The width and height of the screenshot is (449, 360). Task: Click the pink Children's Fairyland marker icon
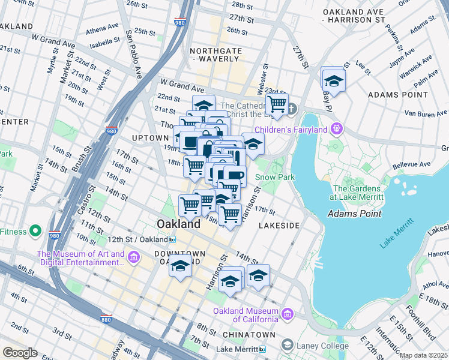click(x=337, y=129)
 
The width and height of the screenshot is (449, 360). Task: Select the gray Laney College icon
click(x=288, y=346)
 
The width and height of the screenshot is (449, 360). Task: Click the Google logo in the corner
click(x=20, y=353)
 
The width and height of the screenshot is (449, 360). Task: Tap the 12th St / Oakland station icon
click(x=172, y=239)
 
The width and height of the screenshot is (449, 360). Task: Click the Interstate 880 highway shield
click(x=106, y=319)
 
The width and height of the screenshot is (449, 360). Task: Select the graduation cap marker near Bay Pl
click(x=333, y=79)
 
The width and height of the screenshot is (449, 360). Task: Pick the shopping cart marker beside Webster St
click(x=277, y=104)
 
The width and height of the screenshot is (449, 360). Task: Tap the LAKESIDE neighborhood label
click(x=279, y=225)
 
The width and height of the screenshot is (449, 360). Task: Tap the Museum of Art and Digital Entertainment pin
click(x=133, y=257)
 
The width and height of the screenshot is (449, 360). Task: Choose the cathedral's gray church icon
click(x=292, y=109)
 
